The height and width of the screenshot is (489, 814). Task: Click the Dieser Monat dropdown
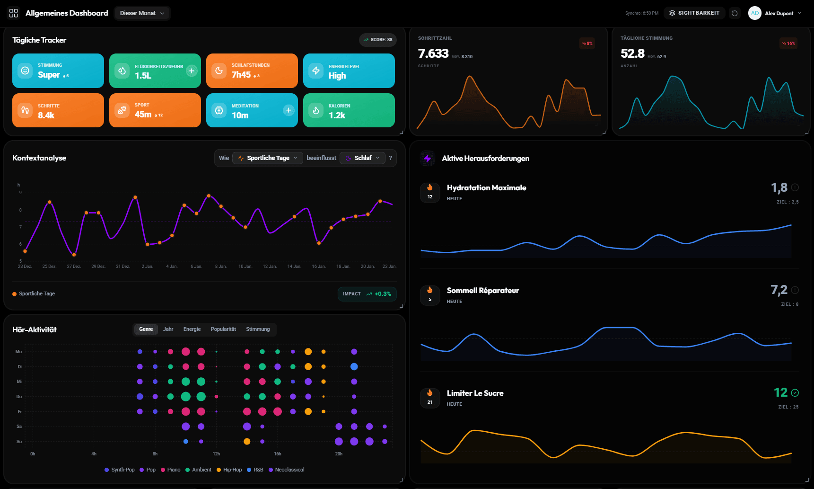click(142, 13)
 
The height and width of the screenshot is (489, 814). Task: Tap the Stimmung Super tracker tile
click(58, 71)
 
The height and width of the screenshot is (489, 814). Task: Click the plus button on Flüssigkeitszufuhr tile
click(192, 71)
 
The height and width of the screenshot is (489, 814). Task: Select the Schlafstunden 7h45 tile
click(252, 71)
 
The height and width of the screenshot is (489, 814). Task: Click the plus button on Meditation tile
click(289, 110)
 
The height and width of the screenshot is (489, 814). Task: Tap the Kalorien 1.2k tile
click(349, 111)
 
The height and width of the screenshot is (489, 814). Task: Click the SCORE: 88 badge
click(377, 40)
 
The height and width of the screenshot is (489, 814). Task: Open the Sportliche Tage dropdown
click(268, 158)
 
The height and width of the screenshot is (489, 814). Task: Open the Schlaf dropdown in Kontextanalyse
click(362, 158)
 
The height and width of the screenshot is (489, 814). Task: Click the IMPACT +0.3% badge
click(367, 294)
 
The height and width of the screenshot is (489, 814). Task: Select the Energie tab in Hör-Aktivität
click(192, 329)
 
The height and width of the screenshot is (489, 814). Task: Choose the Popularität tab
click(223, 329)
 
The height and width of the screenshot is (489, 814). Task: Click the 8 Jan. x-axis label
click(221, 267)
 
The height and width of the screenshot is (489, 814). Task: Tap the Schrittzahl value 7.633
click(433, 53)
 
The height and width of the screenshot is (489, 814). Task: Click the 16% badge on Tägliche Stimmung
click(788, 44)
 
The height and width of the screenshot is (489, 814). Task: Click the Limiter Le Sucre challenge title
click(475, 393)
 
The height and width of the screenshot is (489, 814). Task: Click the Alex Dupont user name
click(779, 13)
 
